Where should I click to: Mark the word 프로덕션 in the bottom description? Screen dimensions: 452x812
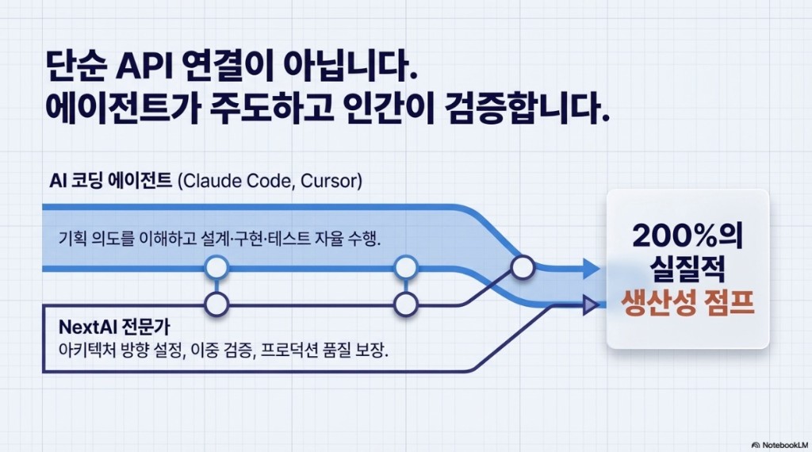click(x=294, y=350)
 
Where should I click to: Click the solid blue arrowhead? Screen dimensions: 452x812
click(x=591, y=268)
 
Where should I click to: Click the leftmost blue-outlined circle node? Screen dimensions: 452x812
click(x=216, y=268)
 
